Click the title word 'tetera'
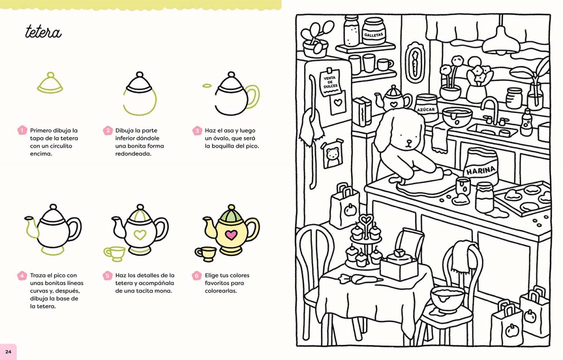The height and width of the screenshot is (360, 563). point(43,32)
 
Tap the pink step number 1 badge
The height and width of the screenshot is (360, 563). point(22,130)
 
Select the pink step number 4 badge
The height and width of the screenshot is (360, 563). point(22,276)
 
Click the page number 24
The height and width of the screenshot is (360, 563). point(8,352)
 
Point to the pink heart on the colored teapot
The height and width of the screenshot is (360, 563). point(231,235)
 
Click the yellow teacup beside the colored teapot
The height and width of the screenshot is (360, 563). point(205,253)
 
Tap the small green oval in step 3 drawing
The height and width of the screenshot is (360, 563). point(207,86)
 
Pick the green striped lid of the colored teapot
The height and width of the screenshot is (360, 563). point(231,214)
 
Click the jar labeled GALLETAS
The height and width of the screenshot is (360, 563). point(373,31)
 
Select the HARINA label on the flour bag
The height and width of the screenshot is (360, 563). point(480,171)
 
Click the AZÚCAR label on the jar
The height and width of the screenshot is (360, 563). point(426,110)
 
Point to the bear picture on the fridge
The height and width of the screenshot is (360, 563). point(332,155)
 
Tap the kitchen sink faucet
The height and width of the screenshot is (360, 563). point(492,111)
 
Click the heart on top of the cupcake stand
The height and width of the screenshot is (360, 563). point(366,220)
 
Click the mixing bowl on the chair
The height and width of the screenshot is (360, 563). point(448,300)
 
